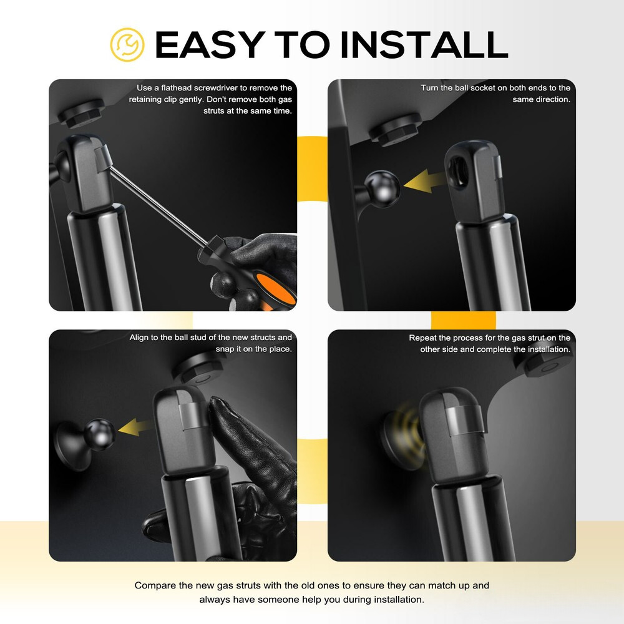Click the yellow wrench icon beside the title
127,44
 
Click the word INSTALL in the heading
424,44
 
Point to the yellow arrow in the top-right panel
424,182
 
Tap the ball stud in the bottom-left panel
99,434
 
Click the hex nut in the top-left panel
81,112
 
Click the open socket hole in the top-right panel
459,170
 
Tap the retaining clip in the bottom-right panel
464,420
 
